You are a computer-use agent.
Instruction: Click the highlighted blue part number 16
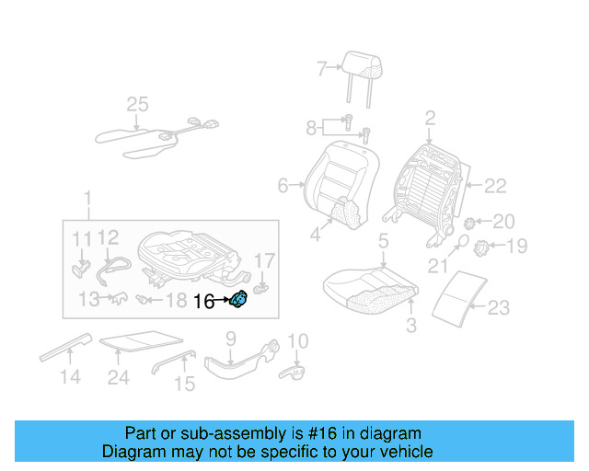(238, 299)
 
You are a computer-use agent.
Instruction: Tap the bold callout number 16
(204, 301)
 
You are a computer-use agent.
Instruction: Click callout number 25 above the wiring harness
(137, 105)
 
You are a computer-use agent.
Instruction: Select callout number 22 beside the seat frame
(495, 186)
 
